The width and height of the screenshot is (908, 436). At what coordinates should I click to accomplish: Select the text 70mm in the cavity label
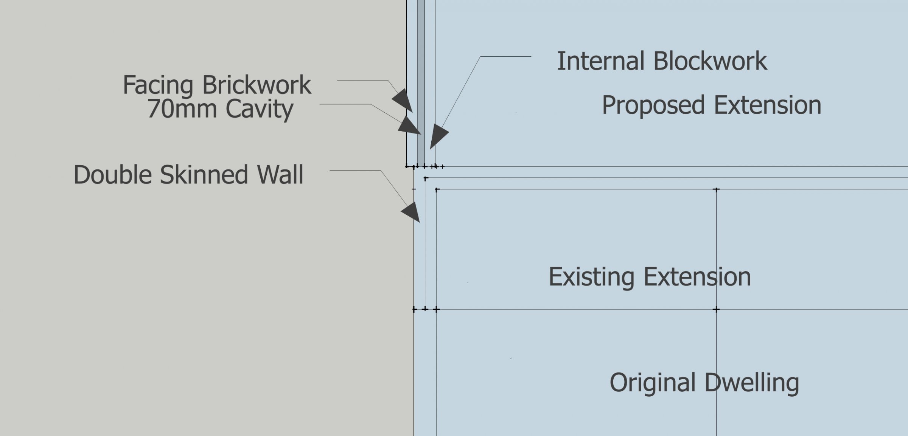182,109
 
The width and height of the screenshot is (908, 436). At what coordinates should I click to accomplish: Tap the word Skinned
204,175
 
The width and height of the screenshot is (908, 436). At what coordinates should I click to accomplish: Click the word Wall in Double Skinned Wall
280,175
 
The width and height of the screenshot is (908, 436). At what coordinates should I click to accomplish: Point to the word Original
653,383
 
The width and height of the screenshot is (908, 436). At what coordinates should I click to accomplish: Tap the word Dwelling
751,383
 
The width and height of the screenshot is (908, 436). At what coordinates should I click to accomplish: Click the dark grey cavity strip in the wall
421,76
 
